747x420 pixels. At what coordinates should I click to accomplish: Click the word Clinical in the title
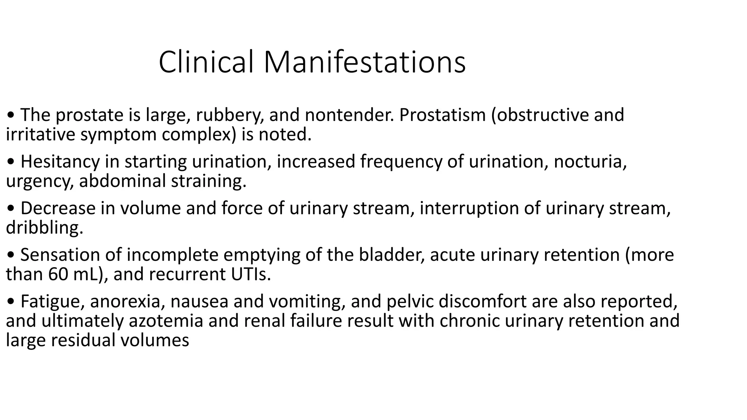206,62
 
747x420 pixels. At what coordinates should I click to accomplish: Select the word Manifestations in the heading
364,62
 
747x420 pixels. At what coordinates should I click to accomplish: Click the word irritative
40,135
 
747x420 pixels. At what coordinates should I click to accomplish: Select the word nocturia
590,162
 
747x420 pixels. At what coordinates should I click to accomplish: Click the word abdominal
122,181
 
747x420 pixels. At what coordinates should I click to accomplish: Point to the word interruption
469,209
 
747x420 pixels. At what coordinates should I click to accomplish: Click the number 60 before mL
58,275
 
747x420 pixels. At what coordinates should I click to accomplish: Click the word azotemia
166,321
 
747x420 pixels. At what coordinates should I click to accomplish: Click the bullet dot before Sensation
11,256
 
